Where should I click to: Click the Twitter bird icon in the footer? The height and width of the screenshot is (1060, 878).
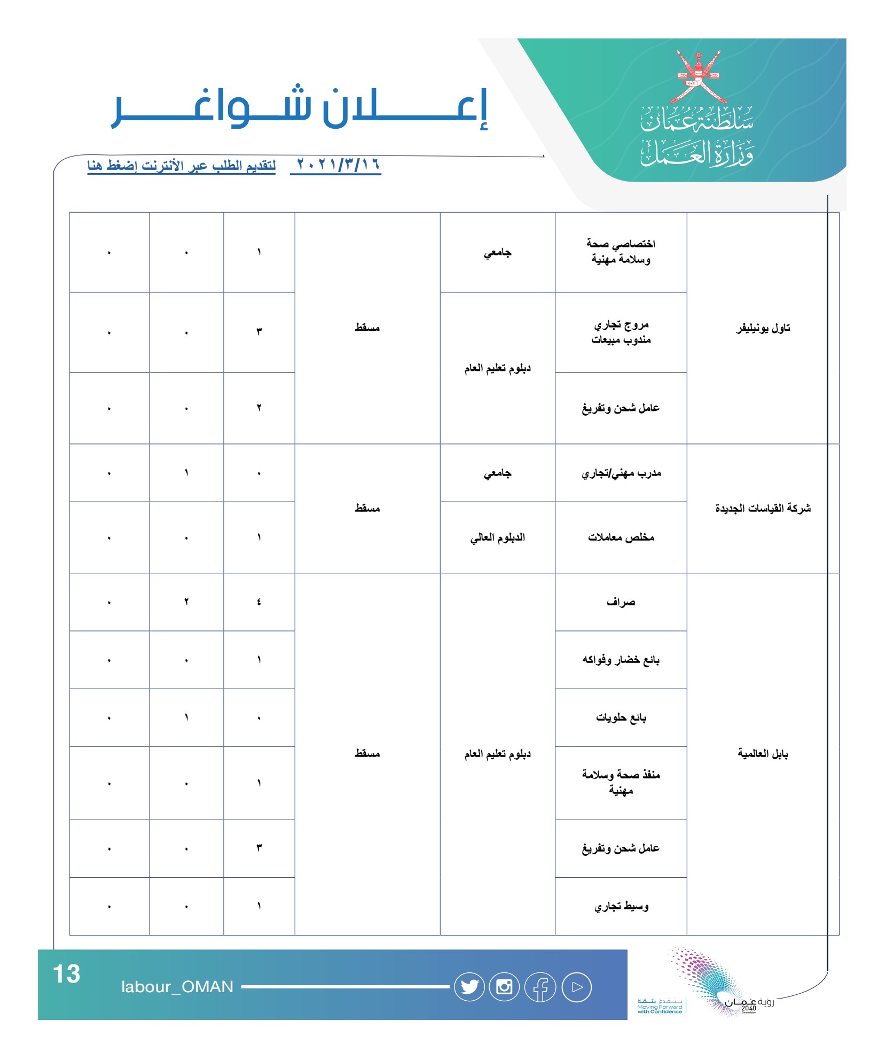coord(469,987)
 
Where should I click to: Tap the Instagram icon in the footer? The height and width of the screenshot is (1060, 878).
coord(505,987)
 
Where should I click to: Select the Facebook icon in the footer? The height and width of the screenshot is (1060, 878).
coord(540,987)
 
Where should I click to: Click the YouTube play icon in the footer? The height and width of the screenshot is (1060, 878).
coord(576,987)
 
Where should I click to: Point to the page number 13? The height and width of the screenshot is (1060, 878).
coord(67,974)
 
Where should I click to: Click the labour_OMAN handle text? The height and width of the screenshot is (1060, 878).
coord(177,987)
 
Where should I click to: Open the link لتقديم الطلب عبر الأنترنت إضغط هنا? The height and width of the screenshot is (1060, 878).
coord(182,166)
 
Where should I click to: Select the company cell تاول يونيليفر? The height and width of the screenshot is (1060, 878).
coord(763,328)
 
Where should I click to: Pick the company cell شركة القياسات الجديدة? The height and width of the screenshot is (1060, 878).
coord(763,508)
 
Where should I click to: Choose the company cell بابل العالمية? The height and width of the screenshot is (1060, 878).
coord(763,754)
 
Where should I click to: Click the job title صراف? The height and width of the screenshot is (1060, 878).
coord(621,602)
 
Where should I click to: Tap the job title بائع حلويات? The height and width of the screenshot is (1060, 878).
coord(621,718)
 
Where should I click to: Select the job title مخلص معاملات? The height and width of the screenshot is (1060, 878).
coord(621,537)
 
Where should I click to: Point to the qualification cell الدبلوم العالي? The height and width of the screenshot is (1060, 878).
coord(497,537)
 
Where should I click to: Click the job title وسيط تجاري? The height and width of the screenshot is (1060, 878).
coord(621,907)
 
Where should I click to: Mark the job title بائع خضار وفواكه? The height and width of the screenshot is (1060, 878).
coord(621,660)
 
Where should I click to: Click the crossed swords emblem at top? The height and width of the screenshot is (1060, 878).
coord(698,77)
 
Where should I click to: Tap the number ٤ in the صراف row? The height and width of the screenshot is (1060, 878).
coord(259,602)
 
